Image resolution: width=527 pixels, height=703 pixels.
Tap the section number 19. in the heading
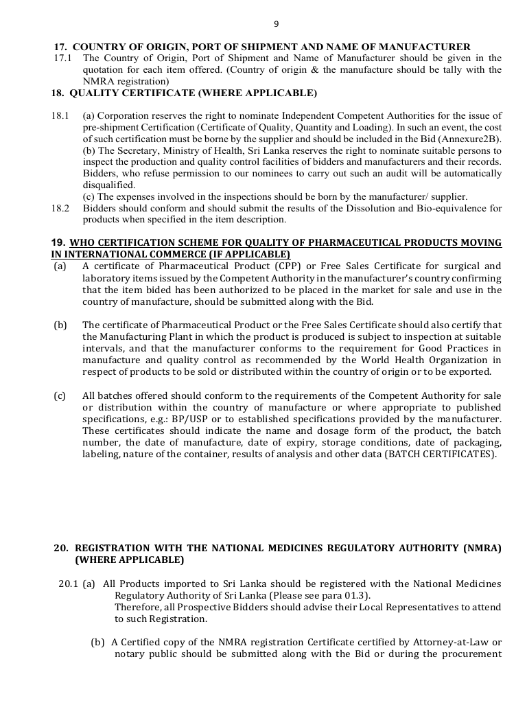point(58,242)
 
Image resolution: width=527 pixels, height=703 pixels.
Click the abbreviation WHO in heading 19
point(83,242)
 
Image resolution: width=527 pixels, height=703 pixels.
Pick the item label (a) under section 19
point(60,266)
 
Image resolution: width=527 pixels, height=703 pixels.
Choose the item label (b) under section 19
point(60,325)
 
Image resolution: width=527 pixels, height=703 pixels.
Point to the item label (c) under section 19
point(60,396)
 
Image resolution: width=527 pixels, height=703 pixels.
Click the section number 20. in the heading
point(61,548)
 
